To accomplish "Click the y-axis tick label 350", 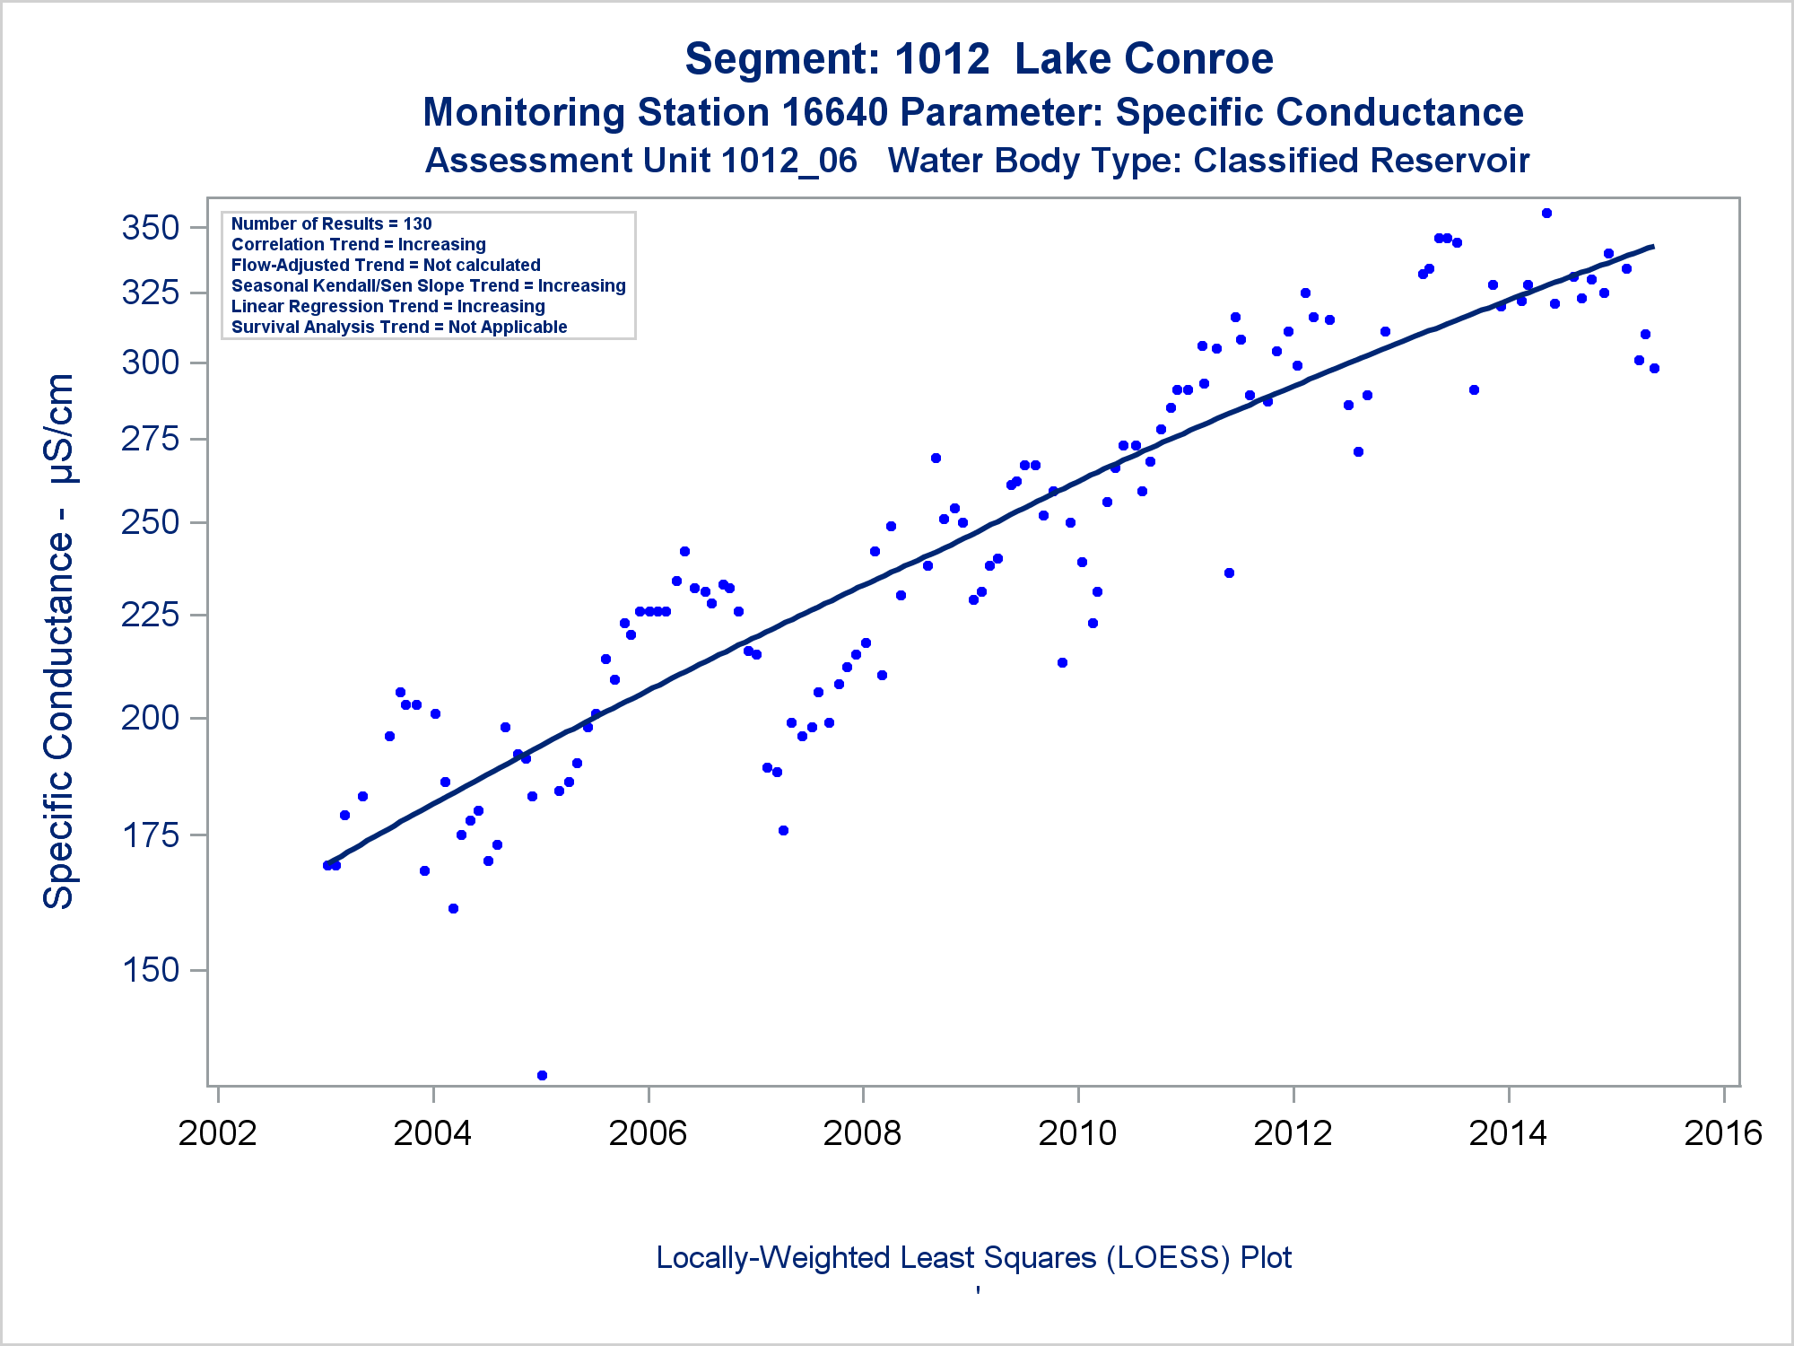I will point(150,228).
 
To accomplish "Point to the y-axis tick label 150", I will point(150,970).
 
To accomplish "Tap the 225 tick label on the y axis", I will point(150,616).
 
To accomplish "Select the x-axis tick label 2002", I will point(217,1133).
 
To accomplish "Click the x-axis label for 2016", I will point(1723,1133).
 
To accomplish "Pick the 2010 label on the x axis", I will point(1077,1133).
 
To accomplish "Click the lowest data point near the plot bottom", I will point(542,1075).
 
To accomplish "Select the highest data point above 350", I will point(1546,214).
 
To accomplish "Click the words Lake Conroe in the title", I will point(1144,59).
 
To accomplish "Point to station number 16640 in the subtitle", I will point(834,113).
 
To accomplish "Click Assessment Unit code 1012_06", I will point(788,162).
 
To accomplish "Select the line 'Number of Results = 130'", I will point(331,223).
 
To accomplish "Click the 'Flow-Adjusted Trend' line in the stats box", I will point(386,265).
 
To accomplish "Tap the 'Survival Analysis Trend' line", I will point(399,327).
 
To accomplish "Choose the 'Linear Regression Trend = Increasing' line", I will point(388,306).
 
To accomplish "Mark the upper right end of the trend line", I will point(1652,247).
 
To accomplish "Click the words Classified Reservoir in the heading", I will point(1361,162).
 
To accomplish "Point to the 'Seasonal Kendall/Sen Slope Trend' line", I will point(428,285).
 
